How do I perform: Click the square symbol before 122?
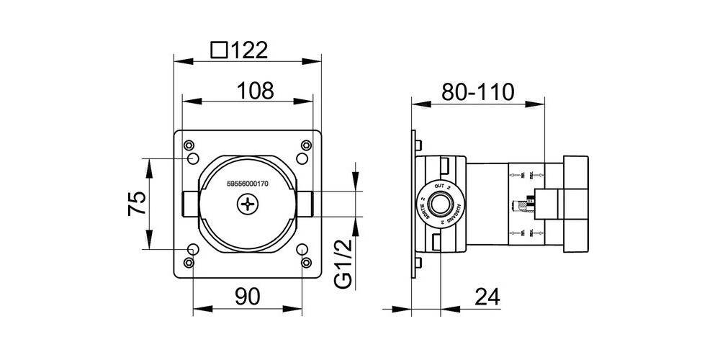220,50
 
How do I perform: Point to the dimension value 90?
247,296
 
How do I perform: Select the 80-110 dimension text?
480,91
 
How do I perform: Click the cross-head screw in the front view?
247,207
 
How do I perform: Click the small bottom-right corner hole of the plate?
305,264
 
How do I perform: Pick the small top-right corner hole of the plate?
305,144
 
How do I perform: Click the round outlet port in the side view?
440,204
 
